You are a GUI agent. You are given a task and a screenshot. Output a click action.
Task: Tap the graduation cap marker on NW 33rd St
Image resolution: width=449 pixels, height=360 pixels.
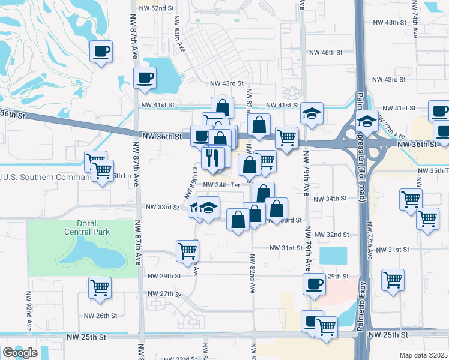click(208, 208)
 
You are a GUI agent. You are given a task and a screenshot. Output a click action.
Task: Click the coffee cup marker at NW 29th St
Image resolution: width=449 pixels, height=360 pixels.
click(313, 284)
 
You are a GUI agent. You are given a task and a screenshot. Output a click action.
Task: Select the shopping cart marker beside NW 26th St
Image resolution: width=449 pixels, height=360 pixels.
click(100, 287)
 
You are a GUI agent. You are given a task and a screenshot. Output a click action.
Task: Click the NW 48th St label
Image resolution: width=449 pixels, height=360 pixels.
click(390, 22)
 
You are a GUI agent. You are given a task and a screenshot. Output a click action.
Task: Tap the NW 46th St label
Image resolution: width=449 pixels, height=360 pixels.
click(340, 53)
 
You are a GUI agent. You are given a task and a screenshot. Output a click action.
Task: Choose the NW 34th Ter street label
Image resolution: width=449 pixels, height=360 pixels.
click(221, 185)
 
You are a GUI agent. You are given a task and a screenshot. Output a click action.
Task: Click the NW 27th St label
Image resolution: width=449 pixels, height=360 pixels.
click(164, 293)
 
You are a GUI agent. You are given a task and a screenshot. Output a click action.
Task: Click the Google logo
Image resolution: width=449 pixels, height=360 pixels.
click(20, 353)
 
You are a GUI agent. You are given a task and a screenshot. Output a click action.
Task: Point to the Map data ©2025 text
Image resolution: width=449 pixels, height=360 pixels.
click(424, 355)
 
